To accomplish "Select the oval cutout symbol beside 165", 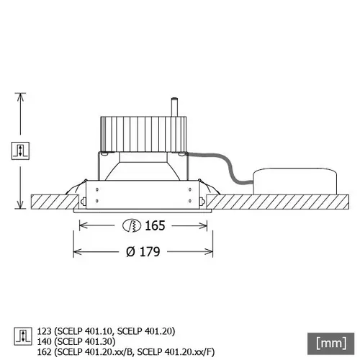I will pyautogui.click(x=132, y=225).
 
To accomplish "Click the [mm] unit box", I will pyautogui.click(x=328, y=340).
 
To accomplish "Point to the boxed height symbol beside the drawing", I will pyautogui.click(x=20, y=150).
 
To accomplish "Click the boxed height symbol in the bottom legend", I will pyautogui.click(x=20, y=336).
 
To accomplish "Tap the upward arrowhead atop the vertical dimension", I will pyautogui.click(x=20, y=96).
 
